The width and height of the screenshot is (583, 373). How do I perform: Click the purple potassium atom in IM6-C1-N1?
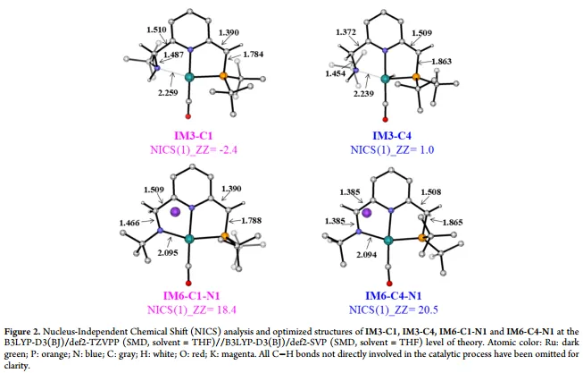(x=176, y=212)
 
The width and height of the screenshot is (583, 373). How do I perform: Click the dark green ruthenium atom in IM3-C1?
(x=189, y=80)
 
